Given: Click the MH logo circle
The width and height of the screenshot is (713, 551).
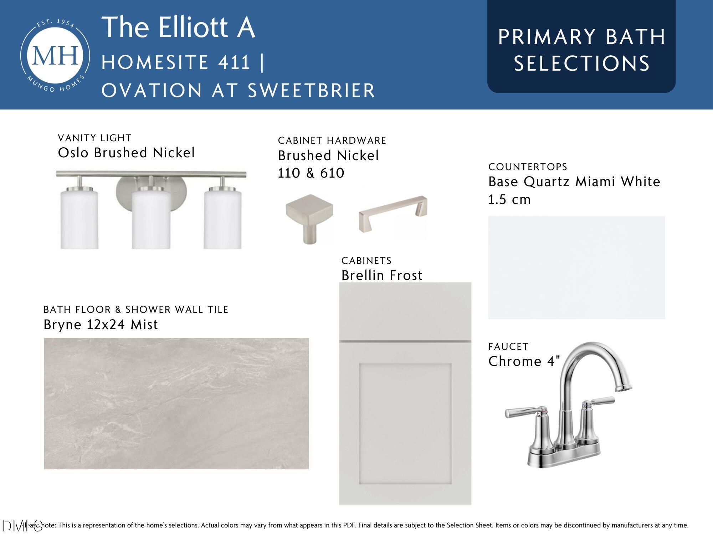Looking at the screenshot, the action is coord(55,55).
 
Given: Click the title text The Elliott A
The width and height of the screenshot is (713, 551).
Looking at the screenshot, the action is coord(179,27).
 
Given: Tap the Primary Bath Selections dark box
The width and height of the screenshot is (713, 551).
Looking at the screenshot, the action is coord(581,46).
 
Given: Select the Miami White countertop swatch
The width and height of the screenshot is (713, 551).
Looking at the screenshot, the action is coord(576,267).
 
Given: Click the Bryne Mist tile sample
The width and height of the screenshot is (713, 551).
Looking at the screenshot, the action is coord(176,403).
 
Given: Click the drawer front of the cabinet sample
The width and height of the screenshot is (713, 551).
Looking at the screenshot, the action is coord(405,311).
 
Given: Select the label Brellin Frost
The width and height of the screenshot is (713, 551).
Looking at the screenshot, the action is coord(382,275).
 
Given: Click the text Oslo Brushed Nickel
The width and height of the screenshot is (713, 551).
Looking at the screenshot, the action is coord(126,153).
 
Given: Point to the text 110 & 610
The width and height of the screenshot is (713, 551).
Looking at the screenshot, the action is coord(311,173).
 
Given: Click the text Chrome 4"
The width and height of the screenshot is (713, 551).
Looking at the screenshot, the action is coord(524,361).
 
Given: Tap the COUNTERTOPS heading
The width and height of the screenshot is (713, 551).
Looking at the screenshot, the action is coord(528,167).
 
